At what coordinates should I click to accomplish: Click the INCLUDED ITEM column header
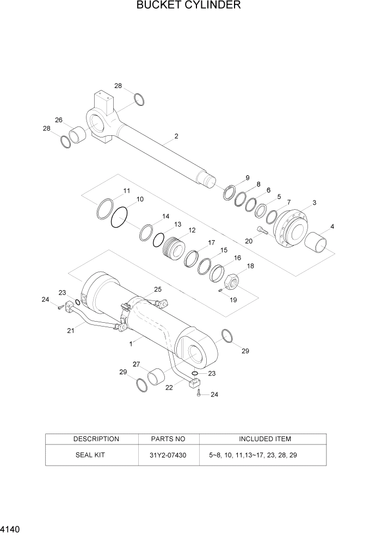coord(264,438)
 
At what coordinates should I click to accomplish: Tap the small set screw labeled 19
coord(220,290)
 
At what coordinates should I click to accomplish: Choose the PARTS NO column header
coord(168,438)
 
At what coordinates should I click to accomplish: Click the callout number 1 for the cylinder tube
coord(131,344)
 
